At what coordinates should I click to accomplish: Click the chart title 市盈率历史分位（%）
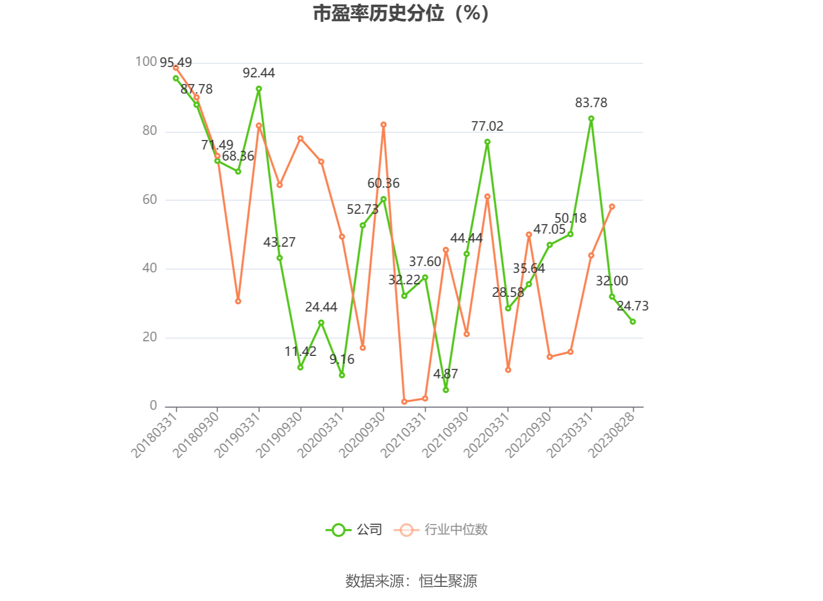click(x=401, y=14)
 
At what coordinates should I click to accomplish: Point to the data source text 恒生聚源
click(x=448, y=581)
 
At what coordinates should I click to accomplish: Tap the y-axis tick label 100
click(x=146, y=62)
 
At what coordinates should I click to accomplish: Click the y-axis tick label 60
click(x=150, y=200)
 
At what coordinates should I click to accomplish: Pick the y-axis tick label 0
click(x=153, y=406)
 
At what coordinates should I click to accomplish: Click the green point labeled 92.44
click(x=259, y=89)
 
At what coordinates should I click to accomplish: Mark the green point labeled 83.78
click(x=591, y=119)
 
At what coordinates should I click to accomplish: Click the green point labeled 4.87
click(x=445, y=390)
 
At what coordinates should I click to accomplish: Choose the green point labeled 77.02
click(x=487, y=142)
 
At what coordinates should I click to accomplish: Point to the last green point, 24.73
click(x=633, y=321)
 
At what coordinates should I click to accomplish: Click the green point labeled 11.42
click(x=300, y=367)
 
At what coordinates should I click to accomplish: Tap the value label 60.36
click(x=383, y=183)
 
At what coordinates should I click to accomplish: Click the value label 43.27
click(x=279, y=242)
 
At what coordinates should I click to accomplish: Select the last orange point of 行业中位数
click(x=612, y=207)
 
